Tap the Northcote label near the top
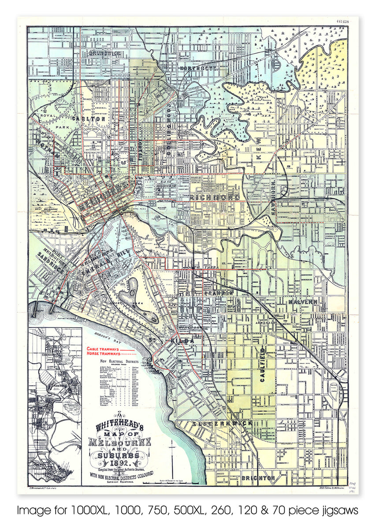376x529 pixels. tap(199, 67)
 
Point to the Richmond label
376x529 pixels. tap(215, 197)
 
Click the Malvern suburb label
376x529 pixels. tap(303, 302)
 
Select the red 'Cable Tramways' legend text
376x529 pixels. tap(103, 349)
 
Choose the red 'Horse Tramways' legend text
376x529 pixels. tap(103, 354)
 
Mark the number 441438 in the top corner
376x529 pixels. tap(342, 20)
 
